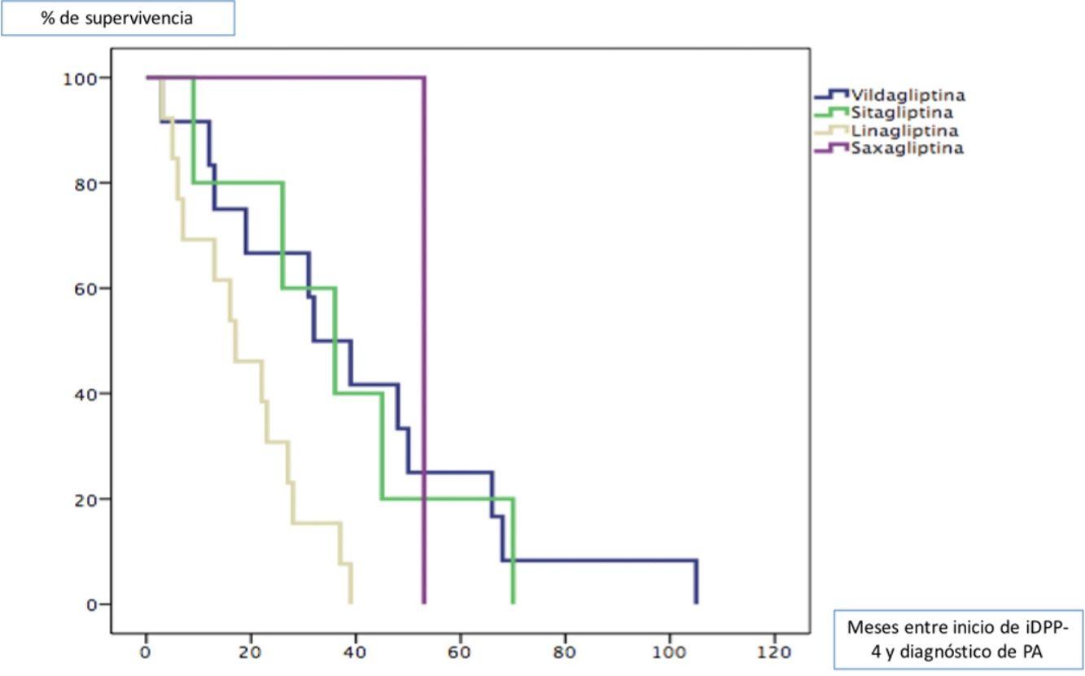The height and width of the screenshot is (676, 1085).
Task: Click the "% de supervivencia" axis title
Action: (x=118, y=18)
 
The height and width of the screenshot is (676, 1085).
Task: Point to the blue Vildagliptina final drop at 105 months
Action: (x=696, y=582)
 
